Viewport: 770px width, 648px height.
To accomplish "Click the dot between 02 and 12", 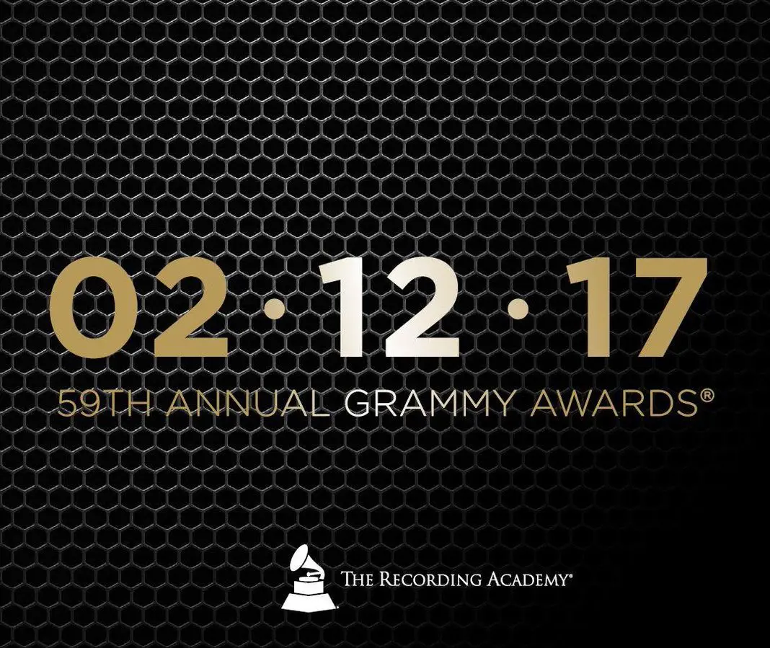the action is pos(275,309).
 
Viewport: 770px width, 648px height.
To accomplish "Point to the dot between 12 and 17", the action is pos(518,309).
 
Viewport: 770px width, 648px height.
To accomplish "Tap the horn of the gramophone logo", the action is pos(303,559).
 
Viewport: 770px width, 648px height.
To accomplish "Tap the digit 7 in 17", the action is pos(663,309).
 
